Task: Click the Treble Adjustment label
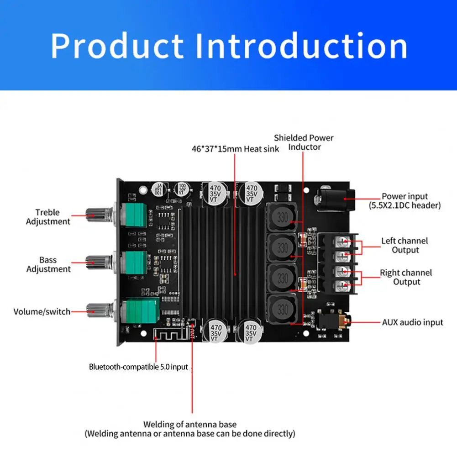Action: click(48, 217)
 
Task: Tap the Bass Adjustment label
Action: click(48, 264)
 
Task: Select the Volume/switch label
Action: click(42, 312)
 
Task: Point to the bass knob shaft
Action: click(97, 262)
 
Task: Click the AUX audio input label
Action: click(412, 322)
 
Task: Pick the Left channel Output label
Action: click(405, 245)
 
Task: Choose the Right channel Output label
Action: click(406, 277)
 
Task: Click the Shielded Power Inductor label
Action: click(304, 142)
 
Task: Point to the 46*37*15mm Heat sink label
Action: click(235, 148)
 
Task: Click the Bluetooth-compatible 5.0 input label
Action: click(138, 367)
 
